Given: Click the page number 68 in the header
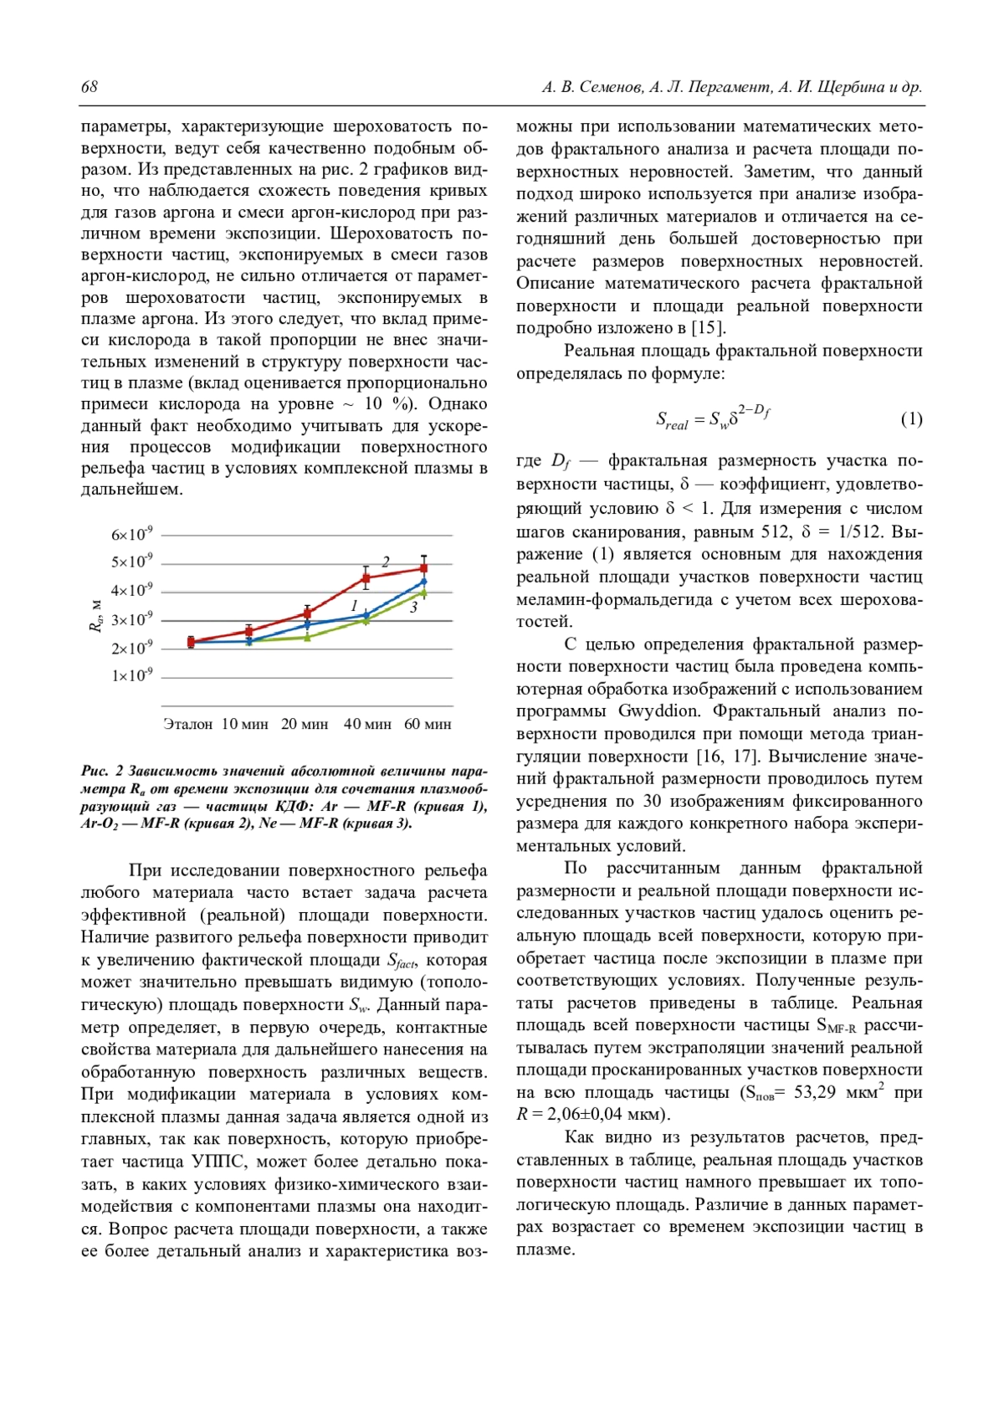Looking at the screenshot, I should pyautogui.click(x=90, y=87).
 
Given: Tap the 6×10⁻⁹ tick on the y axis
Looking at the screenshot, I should pyautogui.click(x=132, y=535).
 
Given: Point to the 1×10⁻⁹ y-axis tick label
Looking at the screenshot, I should pyautogui.click(x=132, y=675).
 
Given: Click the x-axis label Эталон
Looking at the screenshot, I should pyautogui.click(x=187, y=724).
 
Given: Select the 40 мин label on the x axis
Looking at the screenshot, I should pyautogui.click(x=367, y=724).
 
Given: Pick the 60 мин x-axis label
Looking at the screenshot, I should pyautogui.click(x=428, y=724).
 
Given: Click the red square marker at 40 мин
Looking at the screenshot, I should pyautogui.click(x=366, y=577).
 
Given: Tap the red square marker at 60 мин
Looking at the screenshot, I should pyautogui.click(x=424, y=568).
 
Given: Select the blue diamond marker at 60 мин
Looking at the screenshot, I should pyautogui.click(x=424, y=582).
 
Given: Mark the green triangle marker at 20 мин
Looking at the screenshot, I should pyautogui.click(x=307, y=637).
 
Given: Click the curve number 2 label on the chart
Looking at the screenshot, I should pyautogui.click(x=386, y=562).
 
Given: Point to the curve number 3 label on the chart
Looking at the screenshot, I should pyautogui.click(x=413, y=608).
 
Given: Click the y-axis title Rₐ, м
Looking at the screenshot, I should pyautogui.click(x=95, y=616).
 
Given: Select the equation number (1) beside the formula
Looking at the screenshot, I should pyautogui.click(x=911, y=419).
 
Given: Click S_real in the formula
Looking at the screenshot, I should pyautogui.click(x=671, y=421).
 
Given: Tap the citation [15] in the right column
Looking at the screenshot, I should pyautogui.click(x=708, y=328).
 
